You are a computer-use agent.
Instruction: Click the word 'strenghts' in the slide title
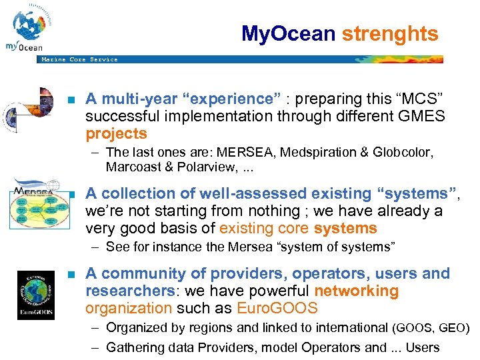tap(390, 33)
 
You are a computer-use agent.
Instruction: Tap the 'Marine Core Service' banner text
tap(79, 59)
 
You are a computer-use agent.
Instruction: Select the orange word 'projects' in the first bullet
tap(116, 133)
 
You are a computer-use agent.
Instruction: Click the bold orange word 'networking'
tap(356, 291)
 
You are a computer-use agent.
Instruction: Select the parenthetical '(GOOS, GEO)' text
tap(431, 328)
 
